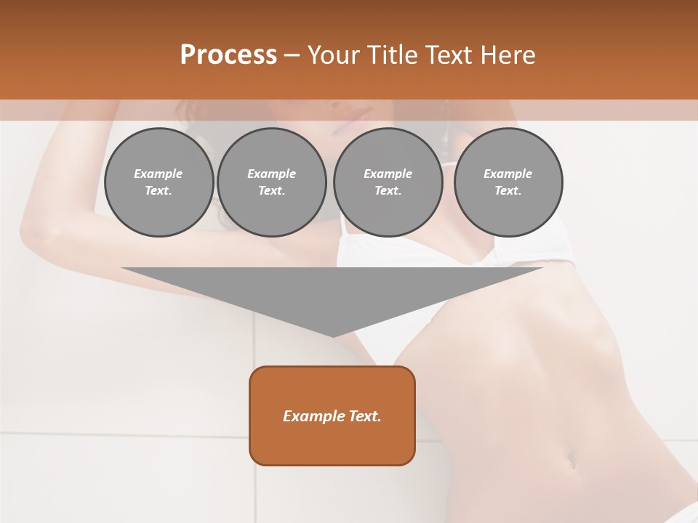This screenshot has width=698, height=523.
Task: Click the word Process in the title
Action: [228, 54]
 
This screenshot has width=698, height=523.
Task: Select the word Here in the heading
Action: [508, 54]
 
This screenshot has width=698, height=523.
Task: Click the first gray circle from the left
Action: [159, 182]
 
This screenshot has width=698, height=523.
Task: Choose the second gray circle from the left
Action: [271, 182]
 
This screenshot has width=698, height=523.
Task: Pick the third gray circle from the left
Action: [388, 182]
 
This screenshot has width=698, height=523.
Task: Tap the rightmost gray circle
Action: [508, 182]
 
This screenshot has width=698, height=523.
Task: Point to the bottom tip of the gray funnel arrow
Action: [333, 336]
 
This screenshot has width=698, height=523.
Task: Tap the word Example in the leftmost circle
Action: [159, 174]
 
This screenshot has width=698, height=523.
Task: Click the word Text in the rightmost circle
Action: [508, 191]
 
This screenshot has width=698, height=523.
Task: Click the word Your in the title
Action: [332, 54]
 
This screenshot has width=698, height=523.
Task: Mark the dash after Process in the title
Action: [292, 55]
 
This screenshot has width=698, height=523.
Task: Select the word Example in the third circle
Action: [388, 174]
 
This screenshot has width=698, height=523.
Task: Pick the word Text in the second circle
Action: [271, 191]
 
